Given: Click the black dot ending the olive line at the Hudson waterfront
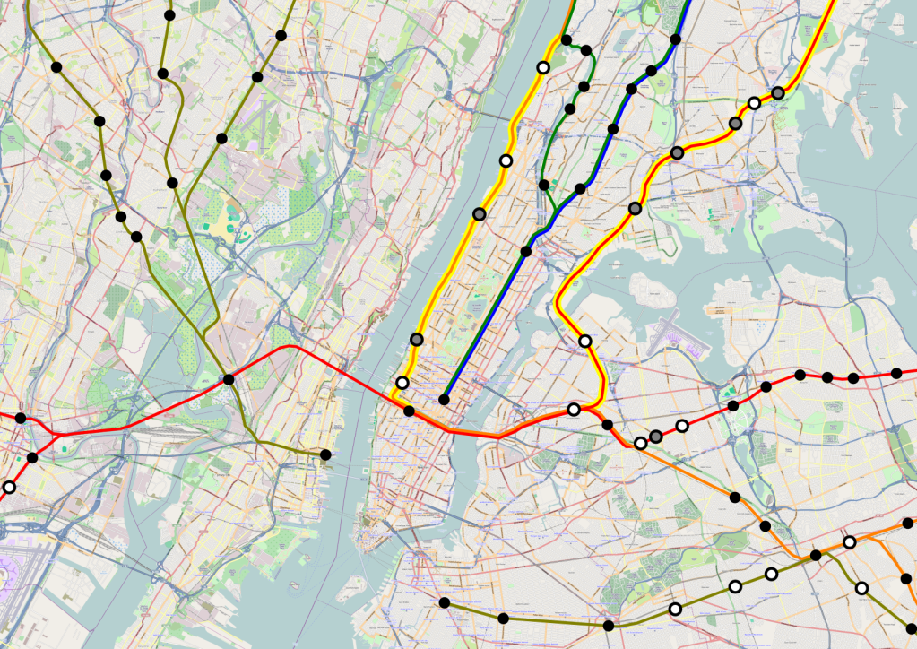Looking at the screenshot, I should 325,455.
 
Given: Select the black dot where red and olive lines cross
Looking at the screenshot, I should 229,380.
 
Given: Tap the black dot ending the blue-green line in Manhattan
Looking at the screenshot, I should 444,400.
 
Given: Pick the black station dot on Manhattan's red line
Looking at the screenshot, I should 410,411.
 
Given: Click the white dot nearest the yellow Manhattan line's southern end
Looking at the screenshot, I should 402,384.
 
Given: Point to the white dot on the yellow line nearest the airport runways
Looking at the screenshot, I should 585,341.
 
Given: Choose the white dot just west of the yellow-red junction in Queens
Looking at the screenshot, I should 574,410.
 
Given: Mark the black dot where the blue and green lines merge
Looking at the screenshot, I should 526,251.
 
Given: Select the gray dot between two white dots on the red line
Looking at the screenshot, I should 656,437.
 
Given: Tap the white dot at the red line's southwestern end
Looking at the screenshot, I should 9,488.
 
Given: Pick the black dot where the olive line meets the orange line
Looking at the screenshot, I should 816,556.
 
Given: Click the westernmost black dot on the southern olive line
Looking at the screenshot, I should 445,602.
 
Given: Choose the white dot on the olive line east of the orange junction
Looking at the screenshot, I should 862,589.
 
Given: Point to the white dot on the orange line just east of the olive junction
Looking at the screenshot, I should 850,542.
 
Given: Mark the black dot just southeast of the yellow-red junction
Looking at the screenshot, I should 607,425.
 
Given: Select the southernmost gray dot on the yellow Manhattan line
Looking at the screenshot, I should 417,339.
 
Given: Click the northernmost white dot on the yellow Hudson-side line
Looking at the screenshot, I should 542,68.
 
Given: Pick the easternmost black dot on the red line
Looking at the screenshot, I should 896,374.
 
